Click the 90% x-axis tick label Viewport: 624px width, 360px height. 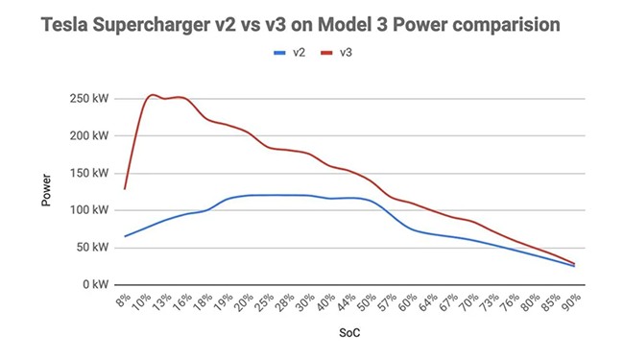click(570, 301)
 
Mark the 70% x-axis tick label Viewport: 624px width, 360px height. click(470, 301)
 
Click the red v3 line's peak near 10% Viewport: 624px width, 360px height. click(152, 95)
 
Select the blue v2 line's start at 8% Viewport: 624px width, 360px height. click(125, 236)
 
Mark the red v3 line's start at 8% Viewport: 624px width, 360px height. click(125, 188)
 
